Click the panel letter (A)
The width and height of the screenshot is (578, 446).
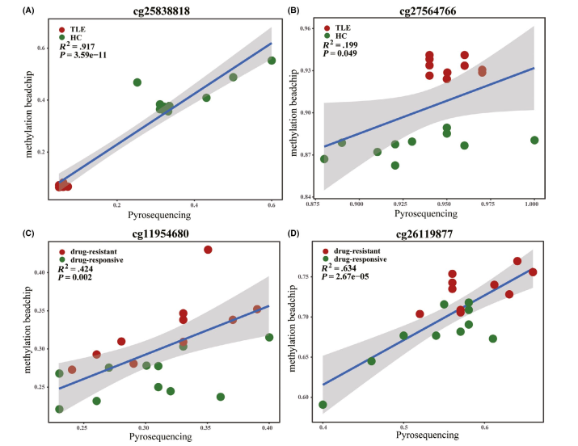[x=12, y=12]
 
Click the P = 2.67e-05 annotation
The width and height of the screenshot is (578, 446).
[x=356, y=277]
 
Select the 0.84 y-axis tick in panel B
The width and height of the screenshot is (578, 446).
[x=310, y=196]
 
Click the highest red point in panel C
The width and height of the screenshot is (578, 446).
[x=208, y=250]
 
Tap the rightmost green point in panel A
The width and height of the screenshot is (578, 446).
[x=272, y=61]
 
